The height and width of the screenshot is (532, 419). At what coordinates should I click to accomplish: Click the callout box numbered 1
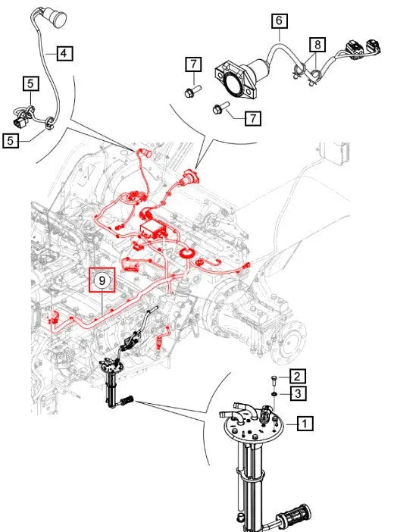[x=305, y=424]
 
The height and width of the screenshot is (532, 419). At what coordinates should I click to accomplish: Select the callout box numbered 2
[x=297, y=377]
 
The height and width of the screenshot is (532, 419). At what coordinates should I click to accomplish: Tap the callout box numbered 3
[x=298, y=393]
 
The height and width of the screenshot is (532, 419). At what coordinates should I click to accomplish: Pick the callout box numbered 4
[x=64, y=53]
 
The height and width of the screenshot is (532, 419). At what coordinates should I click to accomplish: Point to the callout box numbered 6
[x=280, y=20]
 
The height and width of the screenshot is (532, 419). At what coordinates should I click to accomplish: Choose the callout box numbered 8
[x=317, y=45]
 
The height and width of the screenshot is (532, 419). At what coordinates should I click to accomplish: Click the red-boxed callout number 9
[x=102, y=280]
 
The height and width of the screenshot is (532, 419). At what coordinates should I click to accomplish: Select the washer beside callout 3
[x=274, y=394]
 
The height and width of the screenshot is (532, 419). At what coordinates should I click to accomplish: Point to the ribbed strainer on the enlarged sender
[x=294, y=515]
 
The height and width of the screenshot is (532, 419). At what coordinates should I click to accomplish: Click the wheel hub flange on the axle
[x=289, y=341]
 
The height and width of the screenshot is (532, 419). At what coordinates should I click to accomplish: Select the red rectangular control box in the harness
[x=152, y=230]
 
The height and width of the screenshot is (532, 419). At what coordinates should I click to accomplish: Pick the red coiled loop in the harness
[x=186, y=253]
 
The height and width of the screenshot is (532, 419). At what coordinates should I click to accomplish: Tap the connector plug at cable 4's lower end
[x=20, y=120]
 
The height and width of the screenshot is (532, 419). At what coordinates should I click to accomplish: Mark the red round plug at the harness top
[x=147, y=153]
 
